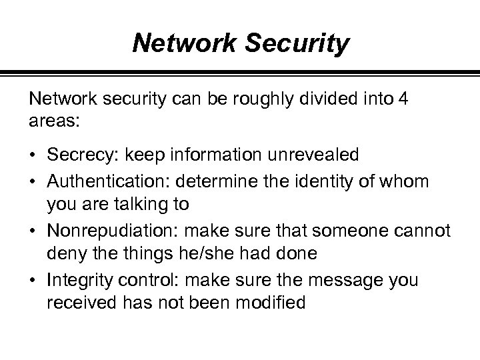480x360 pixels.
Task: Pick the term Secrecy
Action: (78, 155)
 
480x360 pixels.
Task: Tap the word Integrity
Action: (74, 280)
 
